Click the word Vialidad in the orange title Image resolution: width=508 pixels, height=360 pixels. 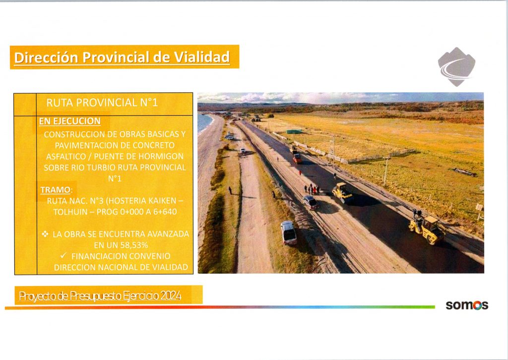click(x=202, y=58)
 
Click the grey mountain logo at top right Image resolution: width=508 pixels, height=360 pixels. click(x=456, y=67)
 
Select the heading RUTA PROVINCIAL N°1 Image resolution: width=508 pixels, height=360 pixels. click(x=102, y=103)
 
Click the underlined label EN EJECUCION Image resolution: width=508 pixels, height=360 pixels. click(x=70, y=121)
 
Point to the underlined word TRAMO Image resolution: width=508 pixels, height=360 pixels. click(x=56, y=190)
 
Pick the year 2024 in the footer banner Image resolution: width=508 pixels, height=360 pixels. click(x=171, y=296)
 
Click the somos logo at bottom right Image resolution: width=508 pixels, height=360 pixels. click(x=467, y=305)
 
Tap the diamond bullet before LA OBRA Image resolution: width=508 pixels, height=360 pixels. click(x=45, y=234)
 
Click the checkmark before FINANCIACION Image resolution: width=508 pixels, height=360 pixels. click(x=64, y=256)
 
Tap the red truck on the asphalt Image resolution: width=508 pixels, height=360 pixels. click(x=297, y=158)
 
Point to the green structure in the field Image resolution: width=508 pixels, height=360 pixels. click(x=294, y=132)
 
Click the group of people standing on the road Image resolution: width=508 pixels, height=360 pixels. click(x=312, y=189)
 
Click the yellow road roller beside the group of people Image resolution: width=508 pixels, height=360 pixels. click(x=342, y=192)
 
